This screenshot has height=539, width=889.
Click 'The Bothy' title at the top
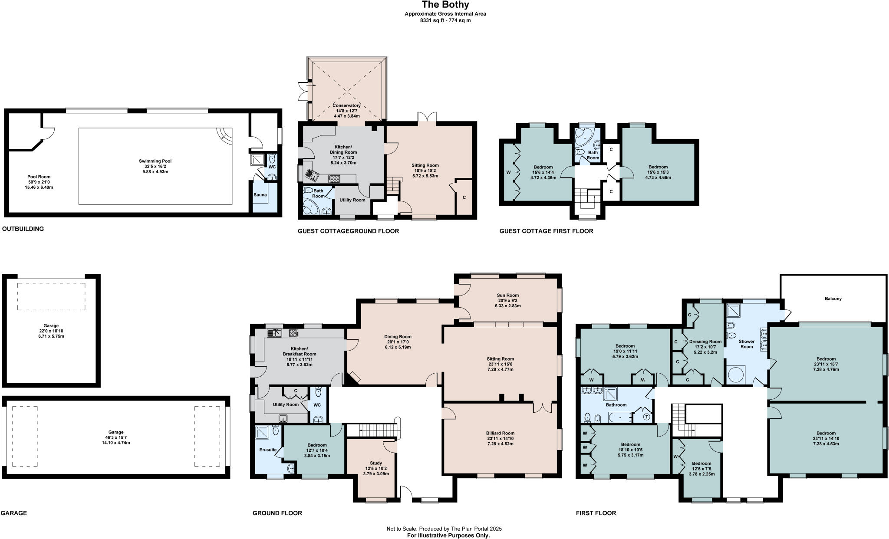(x=445, y=5)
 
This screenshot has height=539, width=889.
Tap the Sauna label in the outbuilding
(x=260, y=195)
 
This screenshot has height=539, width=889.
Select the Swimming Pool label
(x=155, y=161)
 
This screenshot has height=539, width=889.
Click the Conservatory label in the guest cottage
(x=346, y=105)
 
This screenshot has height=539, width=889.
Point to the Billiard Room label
(x=500, y=433)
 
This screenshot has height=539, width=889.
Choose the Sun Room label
(x=507, y=295)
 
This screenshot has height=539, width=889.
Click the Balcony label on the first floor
(x=833, y=299)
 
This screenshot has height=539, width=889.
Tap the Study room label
(x=376, y=463)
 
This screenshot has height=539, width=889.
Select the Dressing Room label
(x=705, y=342)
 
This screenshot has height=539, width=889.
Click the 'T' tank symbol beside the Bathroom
(x=647, y=417)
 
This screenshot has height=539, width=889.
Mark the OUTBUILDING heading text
(x=23, y=229)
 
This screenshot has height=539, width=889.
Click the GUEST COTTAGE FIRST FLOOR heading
(x=546, y=231)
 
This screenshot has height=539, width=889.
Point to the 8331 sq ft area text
(x=445, y=20)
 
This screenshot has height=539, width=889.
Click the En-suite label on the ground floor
(x=268, y=450)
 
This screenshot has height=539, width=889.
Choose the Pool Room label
(x=39, y=177)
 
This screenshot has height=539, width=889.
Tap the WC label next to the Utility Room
(x=317, y=405)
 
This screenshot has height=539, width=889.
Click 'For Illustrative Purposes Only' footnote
(x=448, y=536)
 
